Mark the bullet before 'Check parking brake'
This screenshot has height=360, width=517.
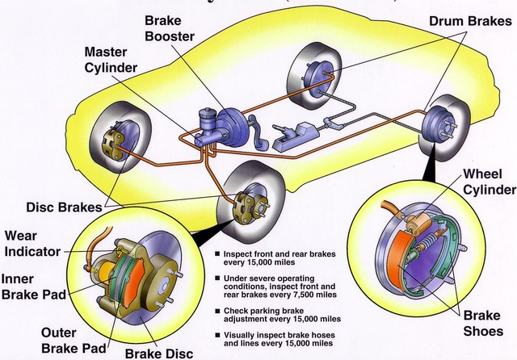[x=217, y=312]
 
